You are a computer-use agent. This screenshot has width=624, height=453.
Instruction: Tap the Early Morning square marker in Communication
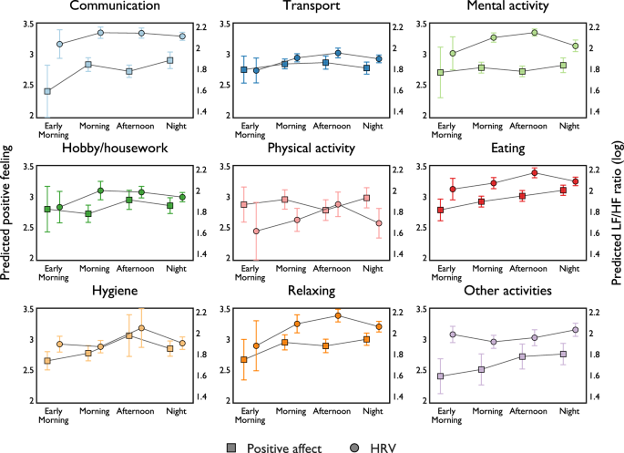pyautogui.click(x=47, y=91)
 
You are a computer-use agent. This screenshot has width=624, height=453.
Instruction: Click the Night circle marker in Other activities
pyautogui.click(x=575, y=330)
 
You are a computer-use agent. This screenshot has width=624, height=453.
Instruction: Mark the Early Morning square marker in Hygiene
pyautogui.click(x=47, y=361)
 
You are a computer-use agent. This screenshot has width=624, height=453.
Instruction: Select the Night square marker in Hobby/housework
pyautogui.click(x=170, y=206)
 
